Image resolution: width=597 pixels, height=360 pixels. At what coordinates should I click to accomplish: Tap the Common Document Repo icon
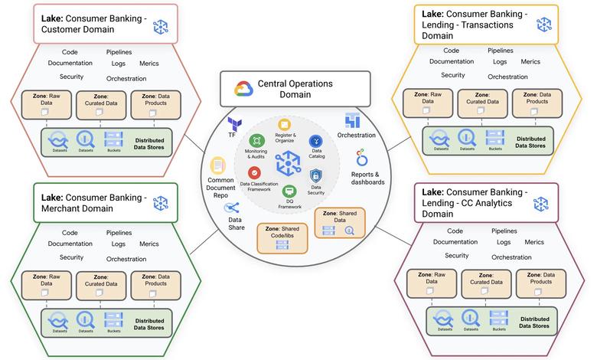(x=219, y=165)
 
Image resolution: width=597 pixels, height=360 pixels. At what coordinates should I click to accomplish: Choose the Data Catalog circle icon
(x=316, y=141)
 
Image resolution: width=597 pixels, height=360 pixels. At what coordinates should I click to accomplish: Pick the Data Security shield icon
(x=316, y=175)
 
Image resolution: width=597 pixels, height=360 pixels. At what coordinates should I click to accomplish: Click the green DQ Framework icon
(x=289, y=191)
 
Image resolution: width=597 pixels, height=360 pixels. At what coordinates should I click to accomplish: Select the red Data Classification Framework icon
(x=255, y=173)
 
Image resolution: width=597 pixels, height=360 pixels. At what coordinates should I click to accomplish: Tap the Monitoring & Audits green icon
(x=256, y=140)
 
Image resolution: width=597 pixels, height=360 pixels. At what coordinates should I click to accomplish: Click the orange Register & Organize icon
(x=285, y=124)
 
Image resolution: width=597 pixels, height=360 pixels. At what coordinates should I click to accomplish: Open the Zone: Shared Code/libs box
(x=284, y=237)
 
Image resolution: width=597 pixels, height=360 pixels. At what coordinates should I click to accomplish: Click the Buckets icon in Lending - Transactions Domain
(x=494, y=138)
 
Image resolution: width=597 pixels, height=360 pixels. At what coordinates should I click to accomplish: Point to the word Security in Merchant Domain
(x=72, y=257)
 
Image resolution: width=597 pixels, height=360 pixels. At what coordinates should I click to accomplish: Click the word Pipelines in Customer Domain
(x=119, y=51)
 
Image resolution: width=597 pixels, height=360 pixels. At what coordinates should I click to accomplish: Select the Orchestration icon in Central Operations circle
(x=353, y=119)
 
